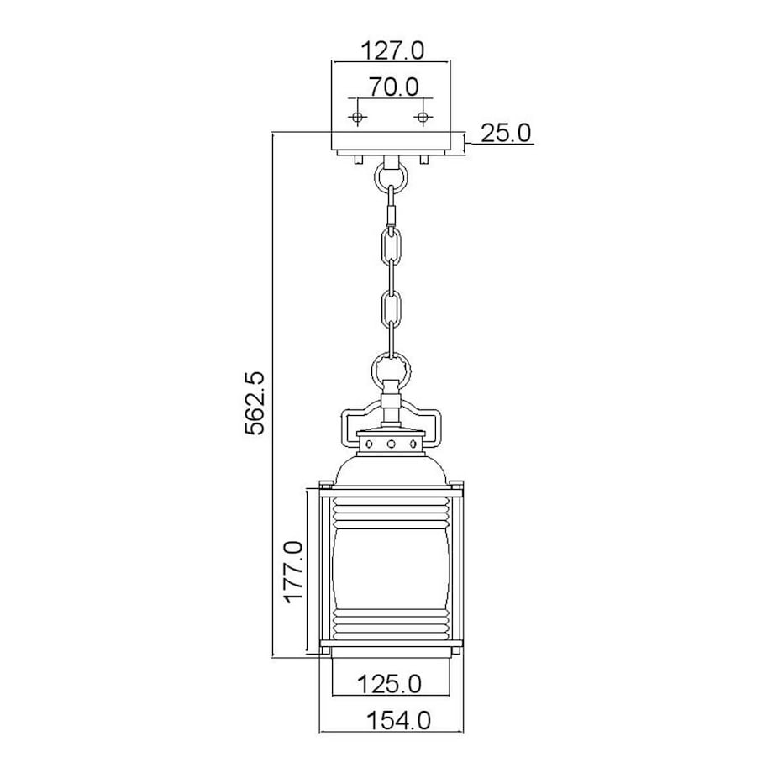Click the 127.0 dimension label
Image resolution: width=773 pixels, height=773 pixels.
pos(392,50)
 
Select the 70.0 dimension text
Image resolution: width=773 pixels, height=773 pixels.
pos(394,87)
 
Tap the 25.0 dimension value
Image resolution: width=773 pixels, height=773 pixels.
pos(506,133)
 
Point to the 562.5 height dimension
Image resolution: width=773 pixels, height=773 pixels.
pos(255,403)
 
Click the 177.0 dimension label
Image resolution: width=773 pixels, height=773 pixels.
pos(293,571)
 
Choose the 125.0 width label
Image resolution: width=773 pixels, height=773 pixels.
pos(390,684)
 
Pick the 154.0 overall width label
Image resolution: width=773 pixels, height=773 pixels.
pos(399,721)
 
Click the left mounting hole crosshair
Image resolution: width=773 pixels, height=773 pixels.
pos(358,118)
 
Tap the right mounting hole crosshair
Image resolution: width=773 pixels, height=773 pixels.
pos(423,118)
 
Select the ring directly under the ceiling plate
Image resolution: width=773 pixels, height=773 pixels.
pos(392,178)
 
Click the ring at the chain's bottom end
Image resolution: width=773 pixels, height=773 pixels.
pos(392,371)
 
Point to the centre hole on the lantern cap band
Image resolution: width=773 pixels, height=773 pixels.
pos(392,444)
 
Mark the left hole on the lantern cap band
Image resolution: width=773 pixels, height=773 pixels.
pos(369,444)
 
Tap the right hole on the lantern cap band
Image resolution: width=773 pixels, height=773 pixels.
pos(413,444)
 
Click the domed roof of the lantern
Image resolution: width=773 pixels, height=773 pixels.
pos(392,468)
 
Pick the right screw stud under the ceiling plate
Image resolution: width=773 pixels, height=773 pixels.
pos(423,160)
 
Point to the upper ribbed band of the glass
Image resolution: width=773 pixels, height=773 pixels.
pos(392,513)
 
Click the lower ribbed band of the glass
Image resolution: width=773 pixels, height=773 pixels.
pos(392,624)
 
